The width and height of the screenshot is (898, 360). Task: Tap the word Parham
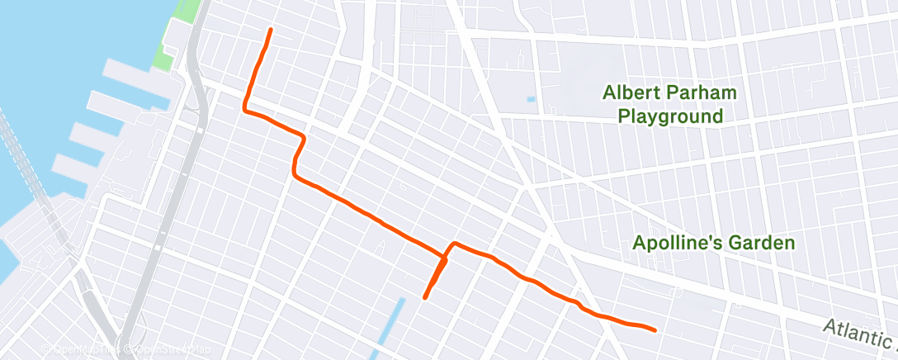[702, 92]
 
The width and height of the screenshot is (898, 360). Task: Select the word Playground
[670, 116]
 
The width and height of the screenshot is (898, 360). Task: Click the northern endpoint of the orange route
[270, 30]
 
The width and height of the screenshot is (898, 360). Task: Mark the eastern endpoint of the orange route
[655, 330]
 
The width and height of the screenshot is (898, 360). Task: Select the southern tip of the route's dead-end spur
[424, 297]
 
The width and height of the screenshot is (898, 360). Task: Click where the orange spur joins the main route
[446, 260]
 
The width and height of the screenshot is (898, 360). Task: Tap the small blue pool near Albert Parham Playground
[530, 100]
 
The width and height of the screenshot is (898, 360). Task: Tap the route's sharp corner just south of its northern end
[244, 107]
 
